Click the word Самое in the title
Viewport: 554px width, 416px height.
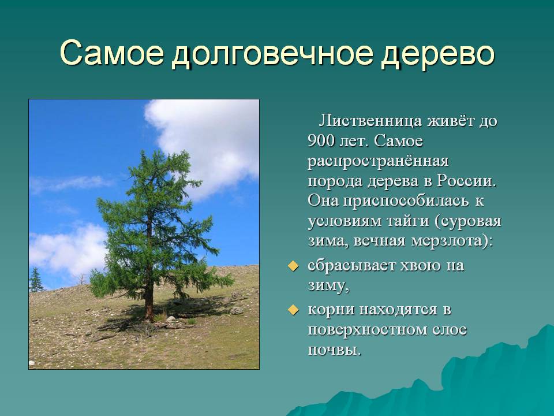[113, 53]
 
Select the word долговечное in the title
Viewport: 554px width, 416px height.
[272, 54]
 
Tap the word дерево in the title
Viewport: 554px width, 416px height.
[437, 54]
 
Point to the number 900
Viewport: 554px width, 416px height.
[321, 141]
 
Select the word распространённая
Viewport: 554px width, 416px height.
[378, 161]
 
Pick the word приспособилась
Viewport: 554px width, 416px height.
[406, 201]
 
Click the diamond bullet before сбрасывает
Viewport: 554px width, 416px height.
[293, 266]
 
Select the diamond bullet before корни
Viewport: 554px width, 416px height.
[293, 310]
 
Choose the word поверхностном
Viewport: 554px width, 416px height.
[368, 330]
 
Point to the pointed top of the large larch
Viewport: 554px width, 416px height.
[143, 151]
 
